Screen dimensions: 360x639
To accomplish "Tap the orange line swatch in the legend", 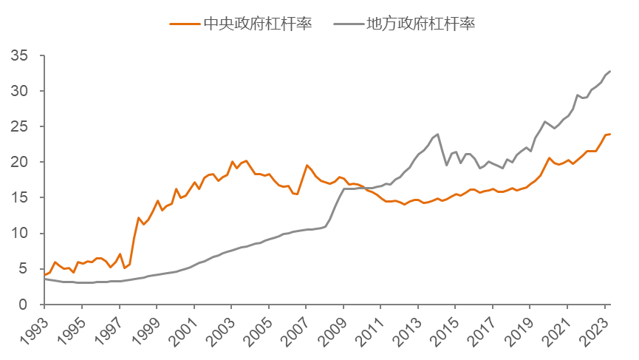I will click(x=185, y=23).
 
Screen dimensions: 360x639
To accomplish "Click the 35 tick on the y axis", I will click(x=20, y=56).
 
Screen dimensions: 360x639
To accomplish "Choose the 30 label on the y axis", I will click(x=20, y=92).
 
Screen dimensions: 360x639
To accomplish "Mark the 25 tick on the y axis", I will click(x=20, y=127).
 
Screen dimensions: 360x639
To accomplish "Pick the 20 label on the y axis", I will click(x=20, y=163).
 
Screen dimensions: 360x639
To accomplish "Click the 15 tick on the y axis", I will click(x=20, y=198).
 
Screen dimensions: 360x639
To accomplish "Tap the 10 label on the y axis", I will click(x=20, y=234).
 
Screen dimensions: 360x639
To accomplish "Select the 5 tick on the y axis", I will click(x=24, y=269).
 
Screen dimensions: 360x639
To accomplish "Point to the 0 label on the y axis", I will click(x=24, y=305).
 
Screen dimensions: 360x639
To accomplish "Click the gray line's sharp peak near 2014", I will click(x=438, y=135).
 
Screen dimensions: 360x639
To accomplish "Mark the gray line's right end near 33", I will click(x=610, y=71).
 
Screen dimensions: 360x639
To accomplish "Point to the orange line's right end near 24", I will click(x=610, y=134).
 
